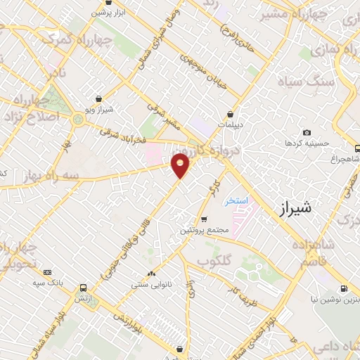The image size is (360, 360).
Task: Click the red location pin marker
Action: point(180,165)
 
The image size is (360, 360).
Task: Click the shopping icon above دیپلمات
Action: point(230,115)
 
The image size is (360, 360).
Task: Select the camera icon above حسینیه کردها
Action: point(307,132)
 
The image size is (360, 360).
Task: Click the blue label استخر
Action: point(237,201)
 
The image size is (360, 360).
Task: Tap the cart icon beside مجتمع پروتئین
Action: point(204,219)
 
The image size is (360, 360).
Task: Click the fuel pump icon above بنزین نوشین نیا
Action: point(343,288)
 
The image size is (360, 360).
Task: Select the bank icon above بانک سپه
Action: point(47,272)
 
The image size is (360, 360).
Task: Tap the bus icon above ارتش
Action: point(84,288)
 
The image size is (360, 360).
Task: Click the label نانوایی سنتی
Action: point(149,285)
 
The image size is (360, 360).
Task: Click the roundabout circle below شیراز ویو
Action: point(77,120)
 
